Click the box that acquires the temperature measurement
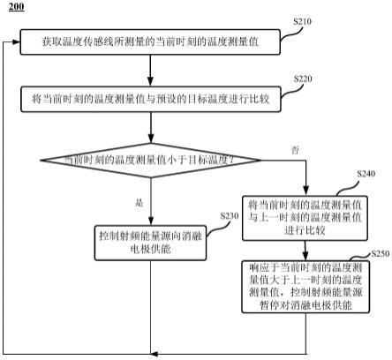151,42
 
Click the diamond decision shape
151,160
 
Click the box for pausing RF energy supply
304,285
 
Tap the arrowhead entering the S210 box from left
16,42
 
